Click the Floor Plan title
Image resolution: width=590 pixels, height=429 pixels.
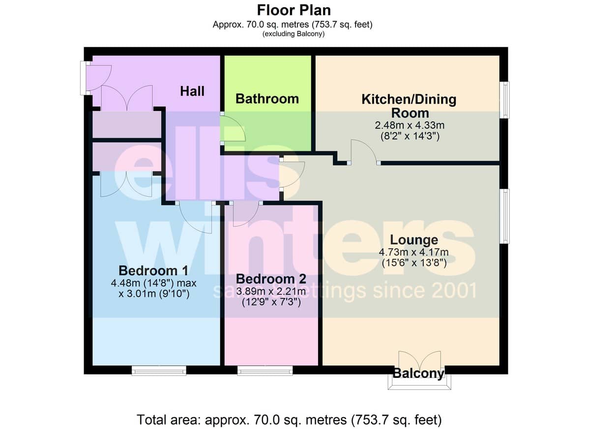click(294, 10)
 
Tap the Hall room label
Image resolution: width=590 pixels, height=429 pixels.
click(192, 91)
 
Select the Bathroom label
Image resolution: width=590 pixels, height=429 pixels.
click(267, 99)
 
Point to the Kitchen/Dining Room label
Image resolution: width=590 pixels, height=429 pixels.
click(409, 106)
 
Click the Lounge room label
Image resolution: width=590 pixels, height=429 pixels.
click(414, 240)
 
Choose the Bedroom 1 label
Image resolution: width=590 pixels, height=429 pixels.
click(153, 271)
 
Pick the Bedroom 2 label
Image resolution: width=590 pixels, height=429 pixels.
click(271, 279)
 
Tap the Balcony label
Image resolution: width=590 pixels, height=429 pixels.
click(419, 373)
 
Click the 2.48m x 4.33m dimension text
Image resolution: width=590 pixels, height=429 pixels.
click(410, 125)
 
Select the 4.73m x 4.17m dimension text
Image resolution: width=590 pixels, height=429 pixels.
click(414, 252)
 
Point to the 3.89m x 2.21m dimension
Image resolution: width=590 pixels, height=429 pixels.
click(271, 291)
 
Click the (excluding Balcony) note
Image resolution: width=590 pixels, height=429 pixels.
click(294, 34)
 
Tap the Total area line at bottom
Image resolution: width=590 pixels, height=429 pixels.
click(289, 420)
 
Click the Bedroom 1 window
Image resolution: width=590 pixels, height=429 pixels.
click(159, 371)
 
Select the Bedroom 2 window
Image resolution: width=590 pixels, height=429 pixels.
click(265, 371)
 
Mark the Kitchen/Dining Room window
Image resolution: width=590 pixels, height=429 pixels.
click(504, 100)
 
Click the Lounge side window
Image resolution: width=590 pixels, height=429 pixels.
click(504, 216)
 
